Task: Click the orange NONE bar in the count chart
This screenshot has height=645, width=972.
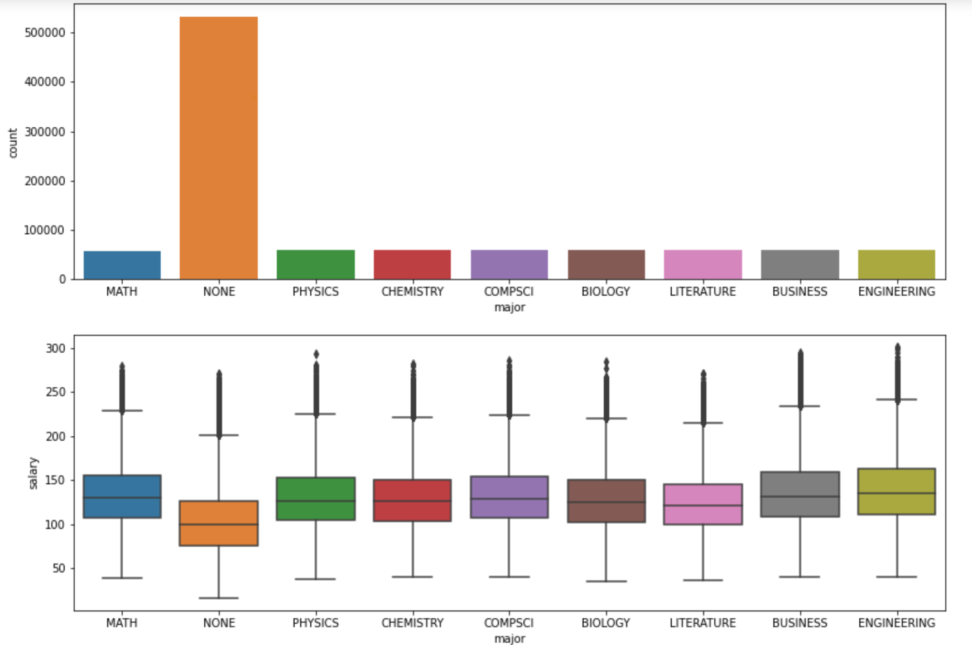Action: click(219, 148)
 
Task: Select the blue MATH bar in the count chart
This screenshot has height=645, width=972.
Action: click(122, 265)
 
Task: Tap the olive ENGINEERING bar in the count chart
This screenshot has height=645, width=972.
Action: click(896, 264)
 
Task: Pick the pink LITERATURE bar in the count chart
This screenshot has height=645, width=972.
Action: click(702, 264)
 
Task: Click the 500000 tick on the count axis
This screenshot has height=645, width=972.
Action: click(45, 32)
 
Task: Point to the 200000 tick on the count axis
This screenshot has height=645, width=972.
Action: click(45, 181)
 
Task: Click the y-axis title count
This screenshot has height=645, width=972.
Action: click(13, 143)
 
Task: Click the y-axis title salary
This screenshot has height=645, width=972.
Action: click(33, 473)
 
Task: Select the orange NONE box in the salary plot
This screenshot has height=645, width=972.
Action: click(219, 523)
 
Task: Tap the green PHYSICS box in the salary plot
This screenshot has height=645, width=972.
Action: click(316, 499)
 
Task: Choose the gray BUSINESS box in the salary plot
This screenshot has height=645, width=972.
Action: click(800, 494)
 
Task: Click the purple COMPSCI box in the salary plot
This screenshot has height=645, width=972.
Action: click(509, 497)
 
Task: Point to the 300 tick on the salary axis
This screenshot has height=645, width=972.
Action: click(56, 348)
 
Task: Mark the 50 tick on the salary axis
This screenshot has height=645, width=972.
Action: click(59, 568)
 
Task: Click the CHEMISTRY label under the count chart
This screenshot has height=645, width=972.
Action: click(412, 291)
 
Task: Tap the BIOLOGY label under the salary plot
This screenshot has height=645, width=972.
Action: click(605, 623)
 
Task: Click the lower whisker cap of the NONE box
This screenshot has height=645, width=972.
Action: click(219, 598)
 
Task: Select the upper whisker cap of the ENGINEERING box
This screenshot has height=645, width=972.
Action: click(897, 399)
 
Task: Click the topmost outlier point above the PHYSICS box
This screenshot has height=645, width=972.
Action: click(316, 354)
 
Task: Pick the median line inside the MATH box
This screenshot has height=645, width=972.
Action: click(122, 498)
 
